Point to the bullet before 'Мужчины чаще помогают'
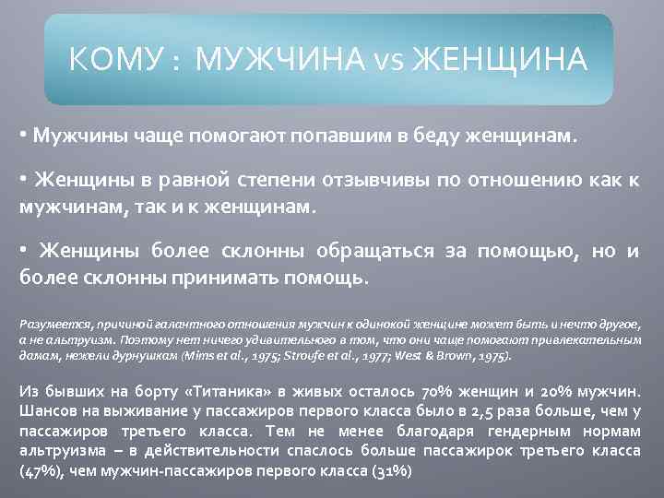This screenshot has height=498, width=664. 23,135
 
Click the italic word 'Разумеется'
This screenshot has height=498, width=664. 52,325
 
